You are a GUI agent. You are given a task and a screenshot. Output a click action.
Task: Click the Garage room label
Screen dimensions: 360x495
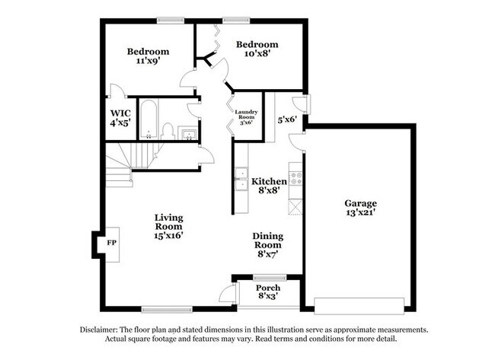coord(360,204)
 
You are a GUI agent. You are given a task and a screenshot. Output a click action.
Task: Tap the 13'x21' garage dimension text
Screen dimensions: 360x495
coord(360,215)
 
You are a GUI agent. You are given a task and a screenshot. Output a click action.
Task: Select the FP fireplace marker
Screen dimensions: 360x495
coord(111,244)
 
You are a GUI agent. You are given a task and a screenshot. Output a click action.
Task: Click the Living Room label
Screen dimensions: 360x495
coord(169,221)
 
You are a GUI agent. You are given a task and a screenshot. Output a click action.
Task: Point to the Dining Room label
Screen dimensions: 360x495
coord(267,241)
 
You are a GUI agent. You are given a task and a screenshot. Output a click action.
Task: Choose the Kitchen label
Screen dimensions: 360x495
coord(270,181)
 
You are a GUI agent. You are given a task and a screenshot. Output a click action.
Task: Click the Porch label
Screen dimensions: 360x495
coord(267,288)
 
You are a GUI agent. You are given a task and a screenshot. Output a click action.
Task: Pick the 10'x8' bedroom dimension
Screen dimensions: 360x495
coord(257,55)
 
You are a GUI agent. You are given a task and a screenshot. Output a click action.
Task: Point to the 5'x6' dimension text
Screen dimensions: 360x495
coord(286,119)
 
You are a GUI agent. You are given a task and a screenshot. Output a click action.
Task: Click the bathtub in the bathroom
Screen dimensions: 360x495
coord(148,118)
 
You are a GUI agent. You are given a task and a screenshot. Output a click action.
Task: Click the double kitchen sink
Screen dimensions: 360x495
coord(241,179)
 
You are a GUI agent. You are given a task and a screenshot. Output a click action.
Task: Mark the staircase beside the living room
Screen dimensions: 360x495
coord(122,161)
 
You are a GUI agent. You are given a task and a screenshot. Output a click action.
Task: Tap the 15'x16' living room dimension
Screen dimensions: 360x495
coord(169,237)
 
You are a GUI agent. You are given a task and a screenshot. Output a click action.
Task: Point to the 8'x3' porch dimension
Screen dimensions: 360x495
coord(267,298)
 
